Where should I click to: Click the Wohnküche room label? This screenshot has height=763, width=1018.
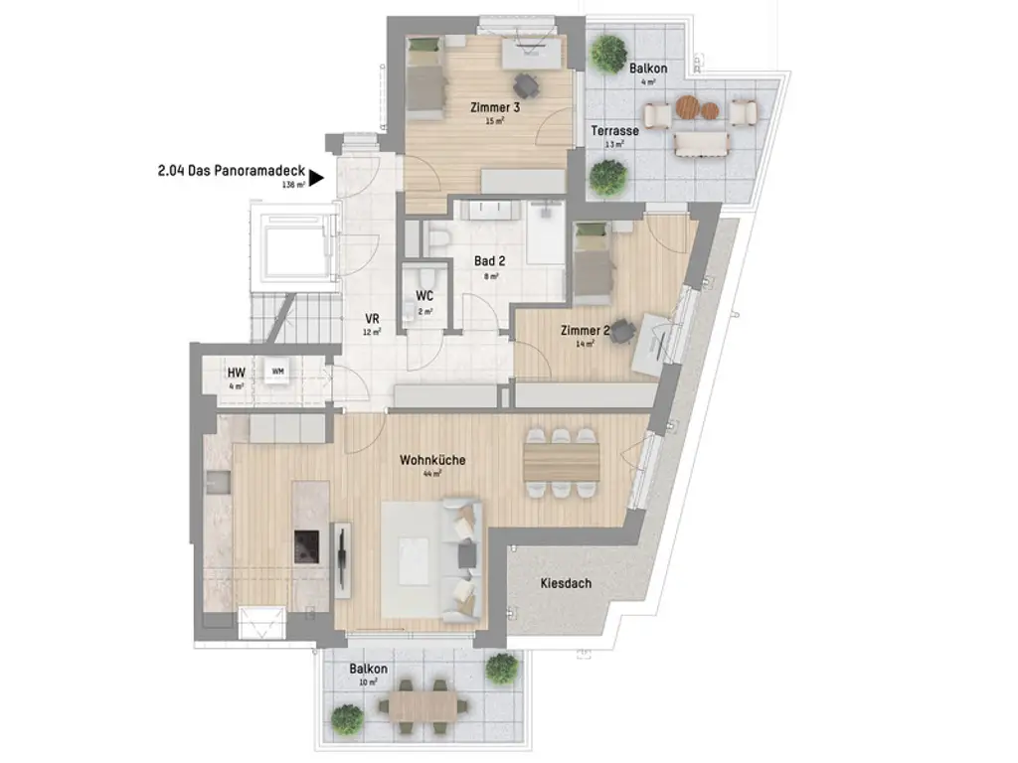432,460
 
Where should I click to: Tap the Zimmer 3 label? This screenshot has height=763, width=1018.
495,106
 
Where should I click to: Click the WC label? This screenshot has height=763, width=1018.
424,296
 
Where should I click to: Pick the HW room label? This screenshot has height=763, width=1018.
236,373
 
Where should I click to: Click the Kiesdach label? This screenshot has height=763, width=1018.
566,583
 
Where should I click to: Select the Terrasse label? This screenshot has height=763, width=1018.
614,130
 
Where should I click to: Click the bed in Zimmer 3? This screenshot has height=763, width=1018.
427,80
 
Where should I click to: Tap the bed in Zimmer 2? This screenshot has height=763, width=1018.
593,266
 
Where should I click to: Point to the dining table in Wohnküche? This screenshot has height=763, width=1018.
562,459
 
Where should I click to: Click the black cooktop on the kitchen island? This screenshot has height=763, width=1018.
306,544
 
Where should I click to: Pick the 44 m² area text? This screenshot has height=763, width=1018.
432,474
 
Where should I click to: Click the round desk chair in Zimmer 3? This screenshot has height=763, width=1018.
525,84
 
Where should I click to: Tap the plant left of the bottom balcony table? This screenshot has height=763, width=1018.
347,716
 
